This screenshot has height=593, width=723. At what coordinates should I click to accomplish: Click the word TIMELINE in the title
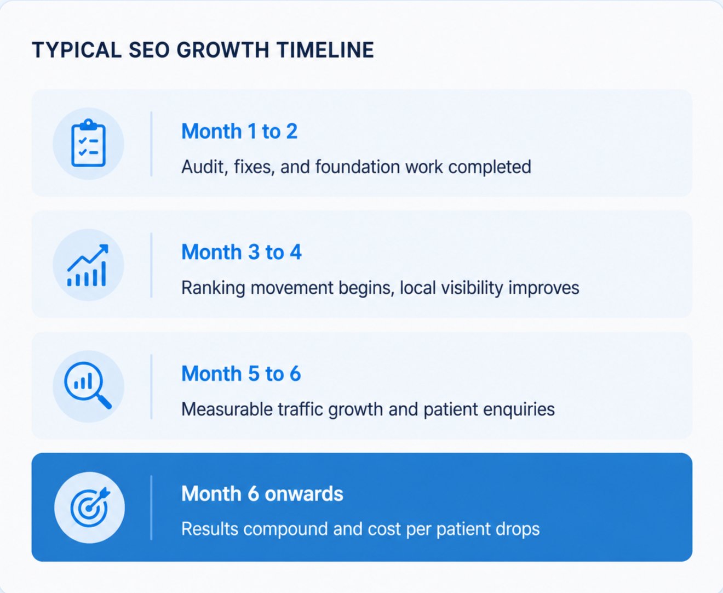click(325, 50)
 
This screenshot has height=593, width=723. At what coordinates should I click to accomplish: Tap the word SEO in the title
click(148, 50)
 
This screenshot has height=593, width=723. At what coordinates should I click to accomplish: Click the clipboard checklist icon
click(88, 143)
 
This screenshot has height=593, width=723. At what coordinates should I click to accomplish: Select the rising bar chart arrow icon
click(88, 265)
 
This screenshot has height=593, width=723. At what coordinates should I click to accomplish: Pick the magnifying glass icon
click(88, 385)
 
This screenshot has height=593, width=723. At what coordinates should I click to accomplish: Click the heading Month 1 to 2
click(239, 131)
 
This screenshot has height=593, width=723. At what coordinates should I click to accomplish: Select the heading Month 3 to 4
click(242, 252)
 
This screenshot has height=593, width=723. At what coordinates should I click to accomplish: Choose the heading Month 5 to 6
click(241, 373)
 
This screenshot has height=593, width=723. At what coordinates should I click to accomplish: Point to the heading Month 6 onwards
click(262, 494)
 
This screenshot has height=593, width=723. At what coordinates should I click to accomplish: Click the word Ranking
click(213, 288)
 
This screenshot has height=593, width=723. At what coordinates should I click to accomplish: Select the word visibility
click(472, 288)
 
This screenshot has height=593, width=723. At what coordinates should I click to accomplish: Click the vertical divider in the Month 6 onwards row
click(151, 508)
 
